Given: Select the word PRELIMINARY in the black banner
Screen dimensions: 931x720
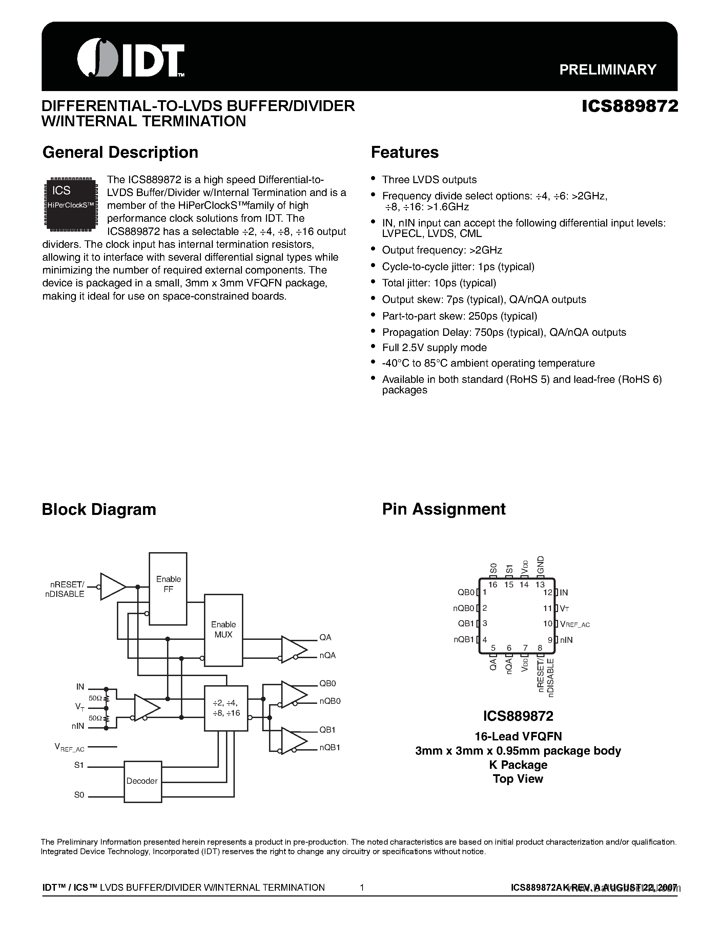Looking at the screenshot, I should (608, 69).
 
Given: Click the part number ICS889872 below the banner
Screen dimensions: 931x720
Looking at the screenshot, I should (630, 106).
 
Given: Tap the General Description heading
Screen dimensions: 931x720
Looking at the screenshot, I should (120, 152).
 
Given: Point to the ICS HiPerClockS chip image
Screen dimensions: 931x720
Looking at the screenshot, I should (70, 204).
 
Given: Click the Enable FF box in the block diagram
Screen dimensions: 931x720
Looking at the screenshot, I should (168, 589).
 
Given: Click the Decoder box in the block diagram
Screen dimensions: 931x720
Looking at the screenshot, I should (142, 781).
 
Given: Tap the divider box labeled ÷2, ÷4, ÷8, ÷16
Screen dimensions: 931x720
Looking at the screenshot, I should (226, 708).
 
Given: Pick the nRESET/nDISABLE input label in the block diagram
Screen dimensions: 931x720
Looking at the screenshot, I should (65, 589).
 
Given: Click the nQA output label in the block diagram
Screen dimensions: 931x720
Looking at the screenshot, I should (328, 655).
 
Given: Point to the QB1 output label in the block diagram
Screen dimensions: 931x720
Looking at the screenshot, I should (328, 729).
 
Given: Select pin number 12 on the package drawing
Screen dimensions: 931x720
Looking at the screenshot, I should (548, 592).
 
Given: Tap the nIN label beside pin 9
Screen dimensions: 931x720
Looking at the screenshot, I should (567, 640).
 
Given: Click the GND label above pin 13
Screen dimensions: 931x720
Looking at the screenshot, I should (540, 565).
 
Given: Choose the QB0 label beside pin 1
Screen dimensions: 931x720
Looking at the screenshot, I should (466, 592).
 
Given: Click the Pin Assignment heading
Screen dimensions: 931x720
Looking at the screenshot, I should (444, 509).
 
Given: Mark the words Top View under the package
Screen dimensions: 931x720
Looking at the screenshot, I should (518, 778).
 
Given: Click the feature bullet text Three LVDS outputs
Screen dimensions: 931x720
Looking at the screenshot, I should (429, 179).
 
